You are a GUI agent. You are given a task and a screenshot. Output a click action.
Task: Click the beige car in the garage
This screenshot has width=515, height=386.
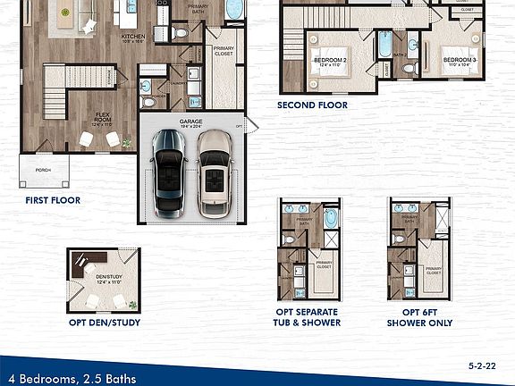click(215, 172)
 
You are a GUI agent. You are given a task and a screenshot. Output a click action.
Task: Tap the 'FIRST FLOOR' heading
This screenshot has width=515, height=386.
click(52, 200)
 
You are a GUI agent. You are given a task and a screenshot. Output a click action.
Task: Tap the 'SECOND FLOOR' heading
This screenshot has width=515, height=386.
click(312, 105)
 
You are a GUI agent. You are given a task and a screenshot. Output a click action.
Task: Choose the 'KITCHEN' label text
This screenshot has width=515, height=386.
click(133, 38)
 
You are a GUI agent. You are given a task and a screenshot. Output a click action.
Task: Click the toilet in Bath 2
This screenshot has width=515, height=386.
click(408, 66)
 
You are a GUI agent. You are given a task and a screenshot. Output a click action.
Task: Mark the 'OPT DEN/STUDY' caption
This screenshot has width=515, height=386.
click(104, 323)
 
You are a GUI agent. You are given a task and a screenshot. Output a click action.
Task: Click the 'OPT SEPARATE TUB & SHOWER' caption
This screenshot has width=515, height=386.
click(308, 318)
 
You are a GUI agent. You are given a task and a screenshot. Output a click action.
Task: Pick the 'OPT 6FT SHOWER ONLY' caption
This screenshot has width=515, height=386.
click(419, 318)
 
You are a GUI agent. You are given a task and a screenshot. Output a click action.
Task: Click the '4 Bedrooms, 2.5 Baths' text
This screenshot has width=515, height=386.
click(70, 379)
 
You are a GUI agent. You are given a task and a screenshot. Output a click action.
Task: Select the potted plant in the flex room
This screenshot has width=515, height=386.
click(127, 142)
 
